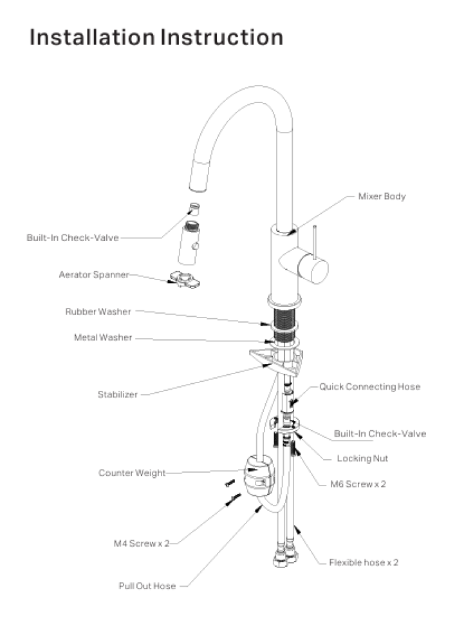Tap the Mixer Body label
pos(382,196)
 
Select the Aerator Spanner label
pos(93,274)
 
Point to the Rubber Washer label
pos(98,312)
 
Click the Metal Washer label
pos(102,337)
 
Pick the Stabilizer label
pos(117,395)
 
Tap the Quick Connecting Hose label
pos(369,387)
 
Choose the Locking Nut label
pos(362,459)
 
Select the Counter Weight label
pos(132,473)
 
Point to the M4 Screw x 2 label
pos(137,544)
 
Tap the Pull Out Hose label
pos(147,586)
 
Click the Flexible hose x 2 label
pos(364,562)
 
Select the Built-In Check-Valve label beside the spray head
pos(73,238)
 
